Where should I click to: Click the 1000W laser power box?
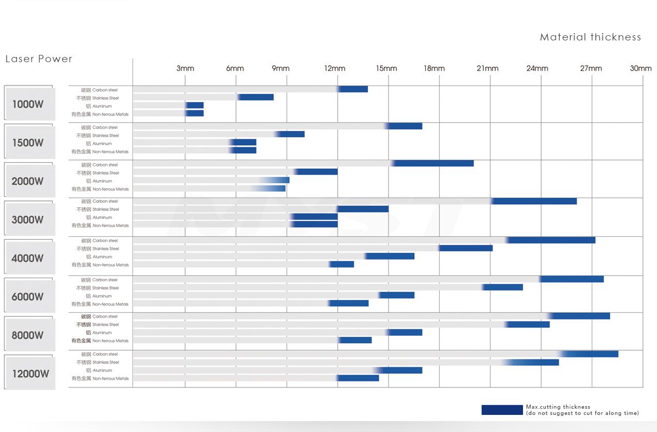coord(29,104)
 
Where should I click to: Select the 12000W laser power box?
coord(30,373)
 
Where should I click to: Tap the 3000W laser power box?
coord(29,219)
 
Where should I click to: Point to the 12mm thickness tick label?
coord(335,68)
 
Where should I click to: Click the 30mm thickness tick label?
coord(640,68)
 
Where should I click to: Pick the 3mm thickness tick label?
coord(185,68)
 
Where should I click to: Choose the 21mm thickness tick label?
coord(487,68)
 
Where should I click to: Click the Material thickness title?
coord(590,37)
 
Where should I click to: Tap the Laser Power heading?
coord(39,59)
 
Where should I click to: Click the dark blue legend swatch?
coord(502,410)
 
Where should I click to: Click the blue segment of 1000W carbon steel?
coord(353,89)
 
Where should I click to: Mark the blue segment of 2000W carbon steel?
coord(434,163)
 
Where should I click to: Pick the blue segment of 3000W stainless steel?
coord(363,209)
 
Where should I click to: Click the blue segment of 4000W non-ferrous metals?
coord(342,264)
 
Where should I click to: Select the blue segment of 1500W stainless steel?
coord(291,134)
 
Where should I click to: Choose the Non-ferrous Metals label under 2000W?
coord(100,189)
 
